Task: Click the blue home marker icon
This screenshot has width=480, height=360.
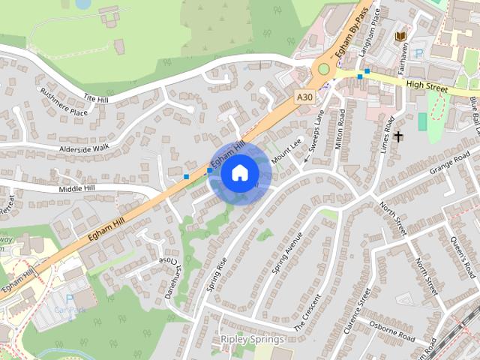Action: click(240, 173)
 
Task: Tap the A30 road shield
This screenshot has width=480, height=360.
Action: click(303, 97)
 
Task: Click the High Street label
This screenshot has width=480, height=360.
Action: click(426, 86)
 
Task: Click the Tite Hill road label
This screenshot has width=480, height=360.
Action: click(96, 98)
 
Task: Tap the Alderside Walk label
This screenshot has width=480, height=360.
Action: click(85, 148)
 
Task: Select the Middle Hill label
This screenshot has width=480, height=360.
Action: click(79, 188)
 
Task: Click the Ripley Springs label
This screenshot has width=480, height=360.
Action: click(252, 340)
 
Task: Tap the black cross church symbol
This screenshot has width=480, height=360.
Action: click(397, 136)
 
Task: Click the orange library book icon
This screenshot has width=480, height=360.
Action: click(400, 35)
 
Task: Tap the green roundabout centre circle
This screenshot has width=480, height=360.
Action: click(323, 69)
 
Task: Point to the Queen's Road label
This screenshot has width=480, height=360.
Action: click(463, 256)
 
